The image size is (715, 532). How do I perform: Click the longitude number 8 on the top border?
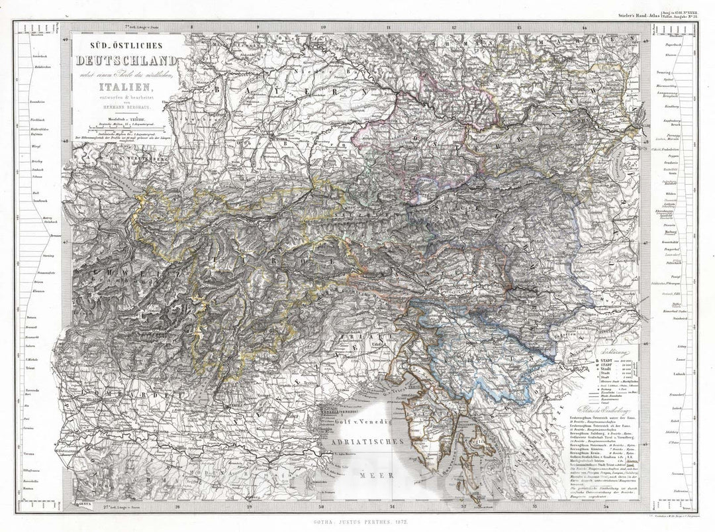(191, 27)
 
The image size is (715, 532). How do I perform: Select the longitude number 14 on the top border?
(584, 27)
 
